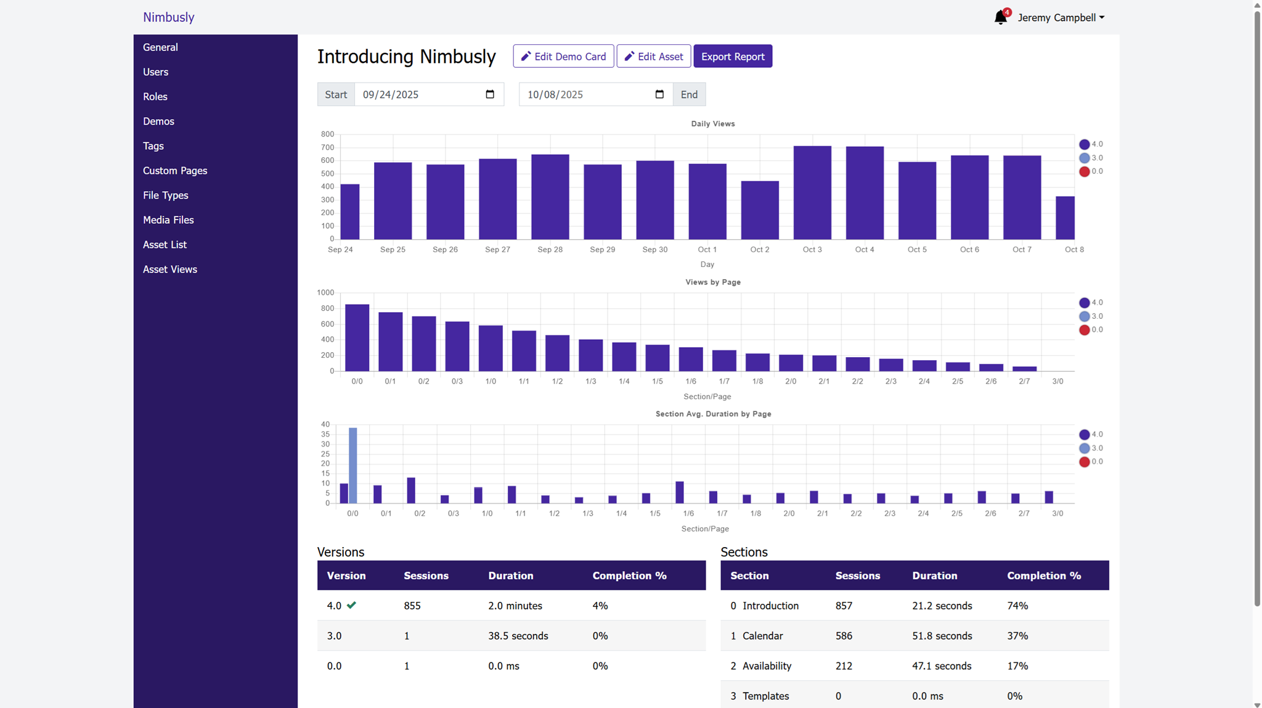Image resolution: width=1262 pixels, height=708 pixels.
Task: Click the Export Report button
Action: point(732,56)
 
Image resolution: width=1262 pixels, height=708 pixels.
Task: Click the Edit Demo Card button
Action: point(563,56)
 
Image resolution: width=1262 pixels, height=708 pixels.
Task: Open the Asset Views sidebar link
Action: point(169,269)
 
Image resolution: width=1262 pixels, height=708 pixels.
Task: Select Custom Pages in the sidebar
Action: point(174,170)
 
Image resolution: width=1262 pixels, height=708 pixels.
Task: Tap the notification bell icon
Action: point(1000,17)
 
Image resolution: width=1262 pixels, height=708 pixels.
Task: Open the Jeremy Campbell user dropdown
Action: point(1060,17)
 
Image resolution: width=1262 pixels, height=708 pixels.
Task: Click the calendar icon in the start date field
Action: point(490,94)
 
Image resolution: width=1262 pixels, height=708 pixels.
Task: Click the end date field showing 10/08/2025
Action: point(585,94)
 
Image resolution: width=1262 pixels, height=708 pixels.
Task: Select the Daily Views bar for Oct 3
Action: point(812,192)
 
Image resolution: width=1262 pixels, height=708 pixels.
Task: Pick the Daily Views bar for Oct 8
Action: point(1065,218)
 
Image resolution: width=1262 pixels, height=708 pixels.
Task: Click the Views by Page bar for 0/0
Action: point(357,337)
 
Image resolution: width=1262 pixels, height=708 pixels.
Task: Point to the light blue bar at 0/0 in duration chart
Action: point(353,465)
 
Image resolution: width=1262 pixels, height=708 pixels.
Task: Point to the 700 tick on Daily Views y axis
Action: point(327,147)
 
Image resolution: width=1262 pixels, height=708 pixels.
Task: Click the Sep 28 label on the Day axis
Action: point(550,249)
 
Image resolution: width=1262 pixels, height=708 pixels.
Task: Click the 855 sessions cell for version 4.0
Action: point(412,606)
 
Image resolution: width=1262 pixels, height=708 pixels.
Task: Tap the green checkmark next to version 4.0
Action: point(351,605)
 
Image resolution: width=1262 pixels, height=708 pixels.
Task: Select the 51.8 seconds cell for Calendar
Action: point(942,636)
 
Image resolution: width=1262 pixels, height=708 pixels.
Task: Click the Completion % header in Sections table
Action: point(1043,575)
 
